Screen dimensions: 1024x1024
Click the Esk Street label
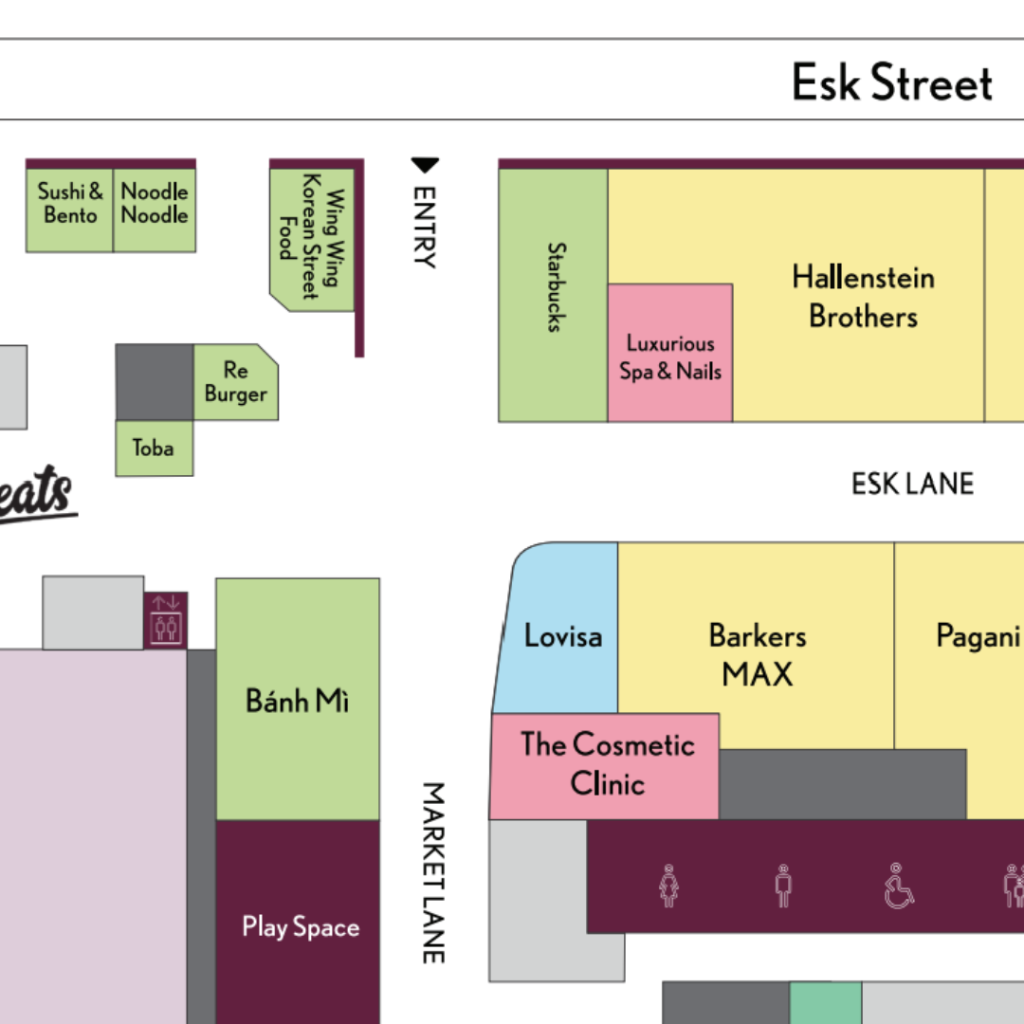tap(892, 82)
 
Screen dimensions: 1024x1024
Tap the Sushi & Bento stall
tap(69, 204)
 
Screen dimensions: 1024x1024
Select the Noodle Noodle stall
tap(155, 204)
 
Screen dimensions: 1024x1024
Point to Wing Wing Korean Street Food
tap(311, 237)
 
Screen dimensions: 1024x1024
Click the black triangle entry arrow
tap(425, 166)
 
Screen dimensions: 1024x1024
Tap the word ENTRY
tap(425, 227)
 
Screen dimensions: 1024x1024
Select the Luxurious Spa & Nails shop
tap(670, 357)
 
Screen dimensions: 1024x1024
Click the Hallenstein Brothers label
tap(863, 296)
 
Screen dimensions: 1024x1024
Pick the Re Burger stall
tap(236, 382)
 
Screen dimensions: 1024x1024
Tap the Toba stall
tap(154, 448)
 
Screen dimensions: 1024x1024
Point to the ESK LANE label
tap(912, 484)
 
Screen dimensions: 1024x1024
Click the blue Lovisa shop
tap(562, 635)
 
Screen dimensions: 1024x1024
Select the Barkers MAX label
tap(758, 654)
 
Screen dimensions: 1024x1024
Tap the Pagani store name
tap(978, 635)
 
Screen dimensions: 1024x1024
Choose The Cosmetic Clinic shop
tap(607, 764)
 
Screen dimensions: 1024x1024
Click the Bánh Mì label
tap(298, 701)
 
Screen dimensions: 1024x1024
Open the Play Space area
tap(301, 926)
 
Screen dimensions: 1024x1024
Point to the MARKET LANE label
tap(432, 872)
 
